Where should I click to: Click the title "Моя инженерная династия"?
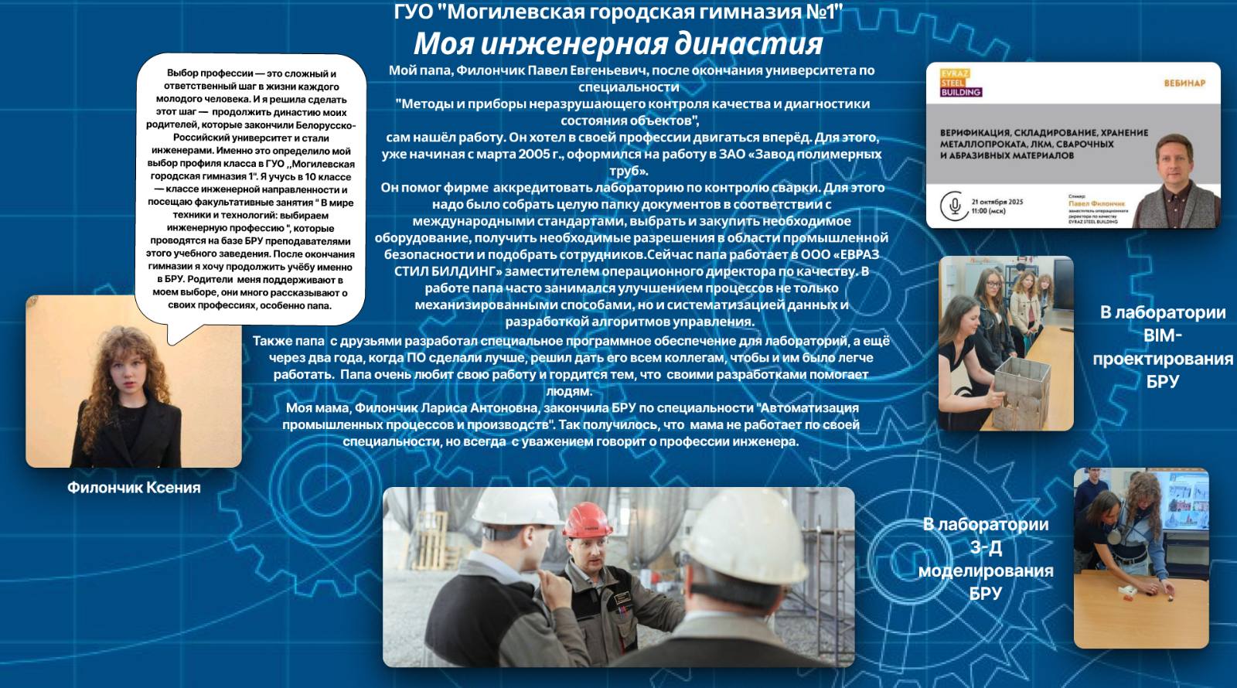pos(618,43)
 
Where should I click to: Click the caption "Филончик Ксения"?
pos(134,488)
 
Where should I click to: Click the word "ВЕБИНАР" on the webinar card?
pos(1184,83)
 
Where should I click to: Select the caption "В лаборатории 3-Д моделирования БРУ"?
pos(986,558)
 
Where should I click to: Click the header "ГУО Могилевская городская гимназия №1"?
pos(618,12)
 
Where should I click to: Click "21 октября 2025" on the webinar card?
pos(997,202)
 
